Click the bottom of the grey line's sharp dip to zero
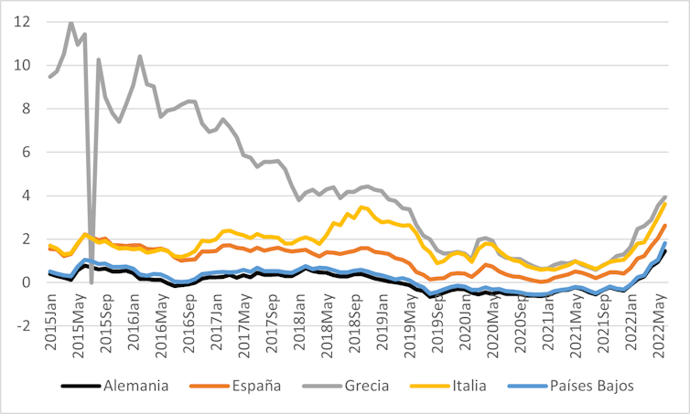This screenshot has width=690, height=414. (92, 282)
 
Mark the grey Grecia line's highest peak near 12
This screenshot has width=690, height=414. (70, 21)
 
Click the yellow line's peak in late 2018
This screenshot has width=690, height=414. (363, 207)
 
